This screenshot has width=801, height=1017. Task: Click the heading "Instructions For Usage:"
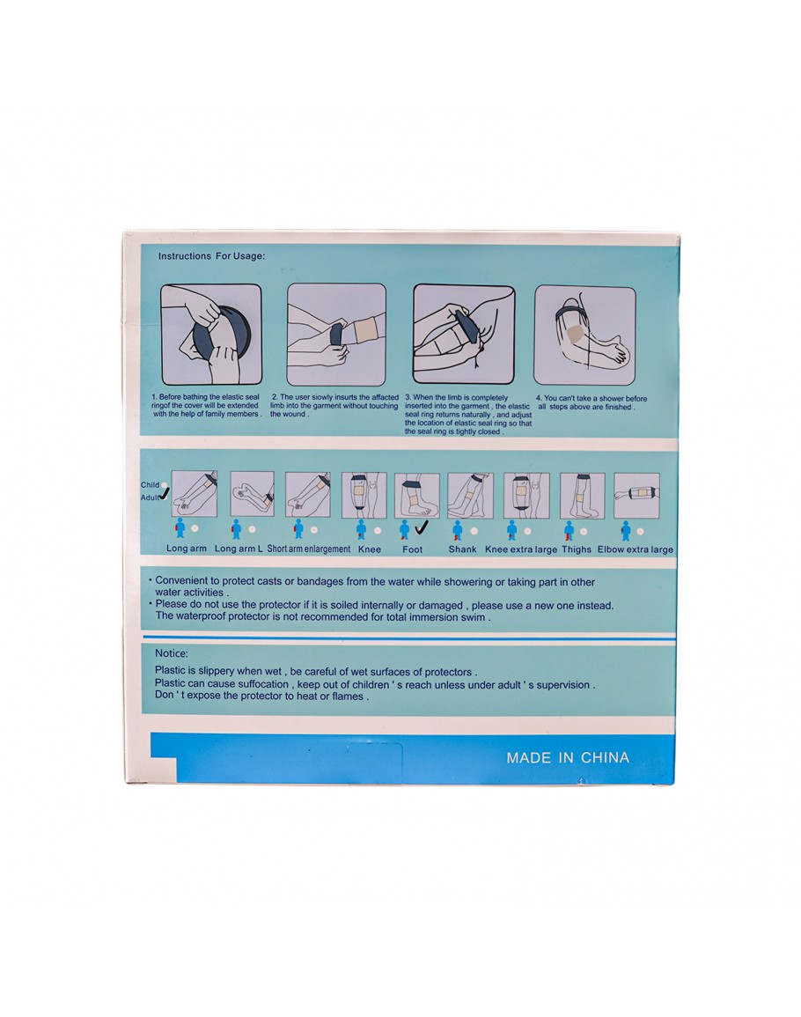coord(211,256)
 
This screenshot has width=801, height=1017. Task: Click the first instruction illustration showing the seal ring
coord(210,334)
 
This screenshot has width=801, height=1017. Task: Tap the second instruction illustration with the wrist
coord(336,334)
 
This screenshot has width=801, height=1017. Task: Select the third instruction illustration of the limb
coord(464,334)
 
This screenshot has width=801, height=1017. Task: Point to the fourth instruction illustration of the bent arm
coord(585,335)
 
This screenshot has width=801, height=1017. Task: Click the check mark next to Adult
coord(165,495)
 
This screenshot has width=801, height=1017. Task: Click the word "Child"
coord(150,485)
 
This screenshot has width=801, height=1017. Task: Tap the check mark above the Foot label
coord(422,528)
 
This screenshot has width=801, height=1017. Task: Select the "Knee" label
coord(370,549)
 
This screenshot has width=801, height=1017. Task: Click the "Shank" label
coord(462,549)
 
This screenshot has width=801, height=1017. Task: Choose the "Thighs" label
coord(577,549)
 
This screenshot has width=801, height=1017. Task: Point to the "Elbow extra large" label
coord(636,549)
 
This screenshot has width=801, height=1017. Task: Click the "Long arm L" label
coord(239,549)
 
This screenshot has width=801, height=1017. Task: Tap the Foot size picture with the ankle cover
coord(417,497)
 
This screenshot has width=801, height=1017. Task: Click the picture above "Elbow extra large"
coord(637,496)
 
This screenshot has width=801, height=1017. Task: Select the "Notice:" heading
coord(172,653)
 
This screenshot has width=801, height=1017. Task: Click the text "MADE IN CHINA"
coord(568,757)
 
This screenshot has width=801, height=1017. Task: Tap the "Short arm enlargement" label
coord(309,549)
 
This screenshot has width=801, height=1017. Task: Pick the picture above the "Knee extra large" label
coord(526,496)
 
